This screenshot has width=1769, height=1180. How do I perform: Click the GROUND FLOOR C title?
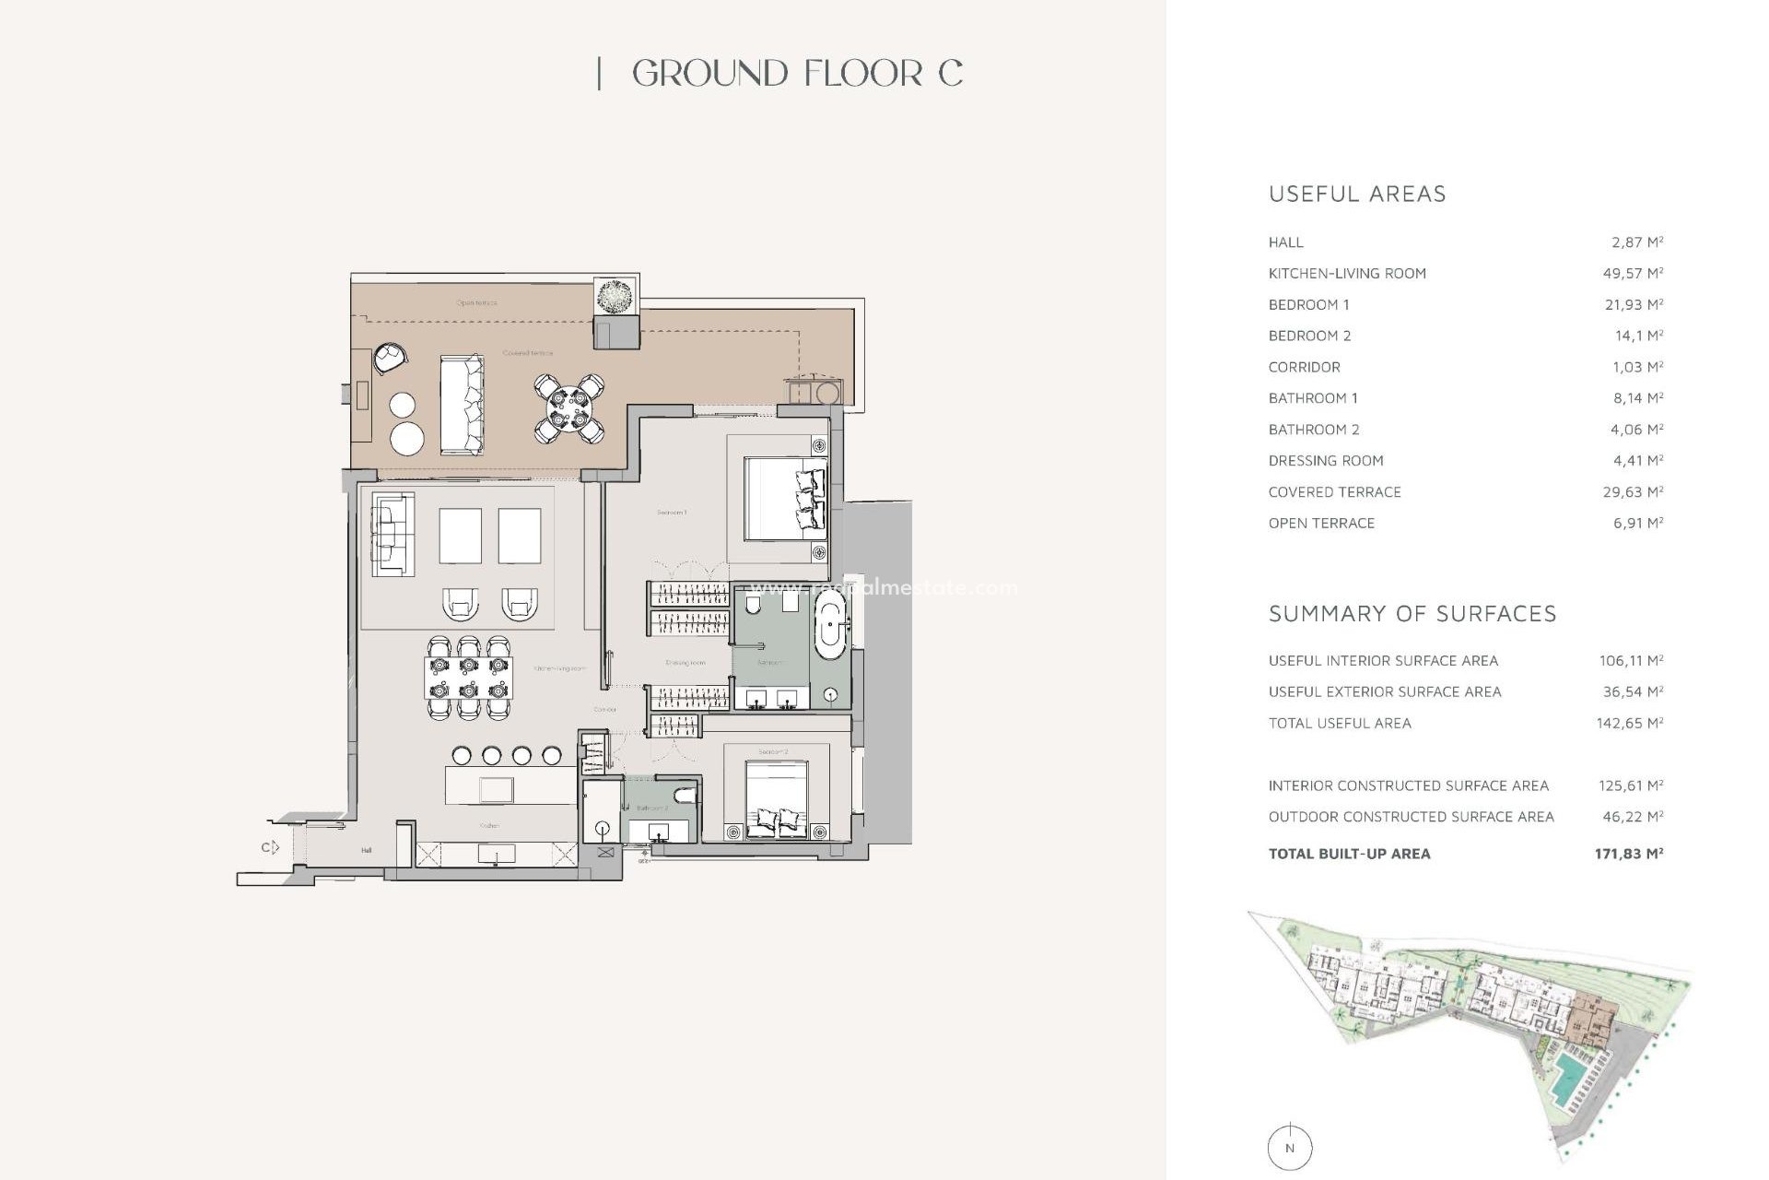(797, 74)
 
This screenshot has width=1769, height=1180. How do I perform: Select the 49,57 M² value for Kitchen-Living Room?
(1633, 274)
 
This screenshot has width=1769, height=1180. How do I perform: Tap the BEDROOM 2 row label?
(1309, 336)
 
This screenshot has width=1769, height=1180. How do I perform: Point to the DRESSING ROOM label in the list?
(1325, 461)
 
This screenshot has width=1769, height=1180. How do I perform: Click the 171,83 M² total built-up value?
(1628, 854)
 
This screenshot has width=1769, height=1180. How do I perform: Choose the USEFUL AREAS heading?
(1357, 195)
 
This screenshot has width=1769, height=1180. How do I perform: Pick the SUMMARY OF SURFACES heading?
(1412, 614)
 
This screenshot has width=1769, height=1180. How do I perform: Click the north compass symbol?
(1289, 1148)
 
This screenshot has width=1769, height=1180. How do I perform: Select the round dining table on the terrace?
(569, 408)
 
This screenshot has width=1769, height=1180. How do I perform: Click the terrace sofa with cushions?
(462, 404)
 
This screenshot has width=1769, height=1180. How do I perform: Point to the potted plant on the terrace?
(615, 297)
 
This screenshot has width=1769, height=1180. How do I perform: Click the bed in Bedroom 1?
(784, 499)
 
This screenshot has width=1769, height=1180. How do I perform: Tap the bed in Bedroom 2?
(777, 799)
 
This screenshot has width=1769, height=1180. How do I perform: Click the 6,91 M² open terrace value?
(1637, 523)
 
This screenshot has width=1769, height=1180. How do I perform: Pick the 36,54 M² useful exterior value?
(1631, 691)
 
